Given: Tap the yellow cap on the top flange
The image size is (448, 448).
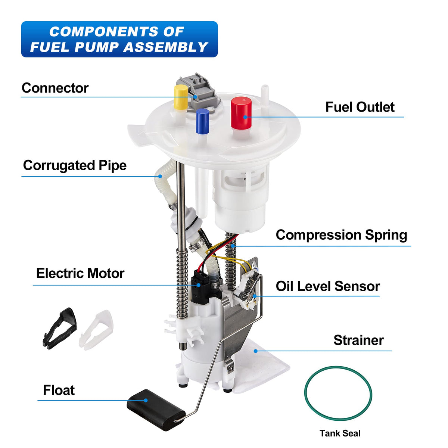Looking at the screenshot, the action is click(x=181, y=97).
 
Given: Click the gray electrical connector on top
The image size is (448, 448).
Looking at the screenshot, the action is click(x=198, y=93).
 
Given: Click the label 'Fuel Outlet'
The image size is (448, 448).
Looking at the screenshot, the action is click(x=360, y=107).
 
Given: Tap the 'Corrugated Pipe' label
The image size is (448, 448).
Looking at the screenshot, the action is click(x=75, y=165).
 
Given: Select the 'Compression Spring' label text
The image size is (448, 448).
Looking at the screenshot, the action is click(x=341, y=235).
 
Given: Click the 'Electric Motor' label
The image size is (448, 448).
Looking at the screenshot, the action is click(x=80, y=273).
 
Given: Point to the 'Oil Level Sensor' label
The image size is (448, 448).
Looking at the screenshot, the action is click(x=328, y=286).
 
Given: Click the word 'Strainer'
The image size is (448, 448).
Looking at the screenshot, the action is click(x=358, y=340).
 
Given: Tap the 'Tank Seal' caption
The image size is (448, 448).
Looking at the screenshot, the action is click(x=340, y=433).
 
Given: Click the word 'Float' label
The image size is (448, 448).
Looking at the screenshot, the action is click(x=59, y=390).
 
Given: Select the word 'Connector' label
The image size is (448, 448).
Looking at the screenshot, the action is click(x=55, y=88).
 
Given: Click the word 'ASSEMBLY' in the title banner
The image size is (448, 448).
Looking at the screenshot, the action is click(x=166, y=47).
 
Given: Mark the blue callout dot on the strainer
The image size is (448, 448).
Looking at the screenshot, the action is click(x=255, y=351).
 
